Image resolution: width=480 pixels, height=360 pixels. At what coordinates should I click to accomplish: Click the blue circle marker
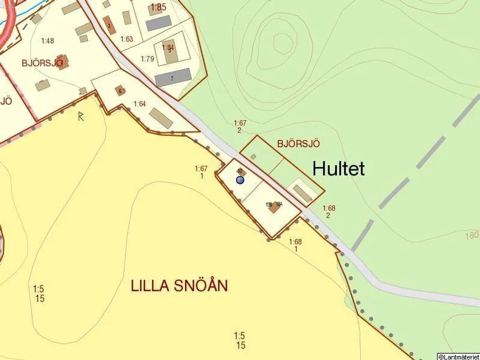[x=240, y=180]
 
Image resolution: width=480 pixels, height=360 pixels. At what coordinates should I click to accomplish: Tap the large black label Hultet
[x=339, y=169]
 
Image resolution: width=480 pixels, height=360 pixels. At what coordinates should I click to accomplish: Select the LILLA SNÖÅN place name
[x=179, y=286]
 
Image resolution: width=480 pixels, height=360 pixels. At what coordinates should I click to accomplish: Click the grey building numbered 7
[x=173, y=77]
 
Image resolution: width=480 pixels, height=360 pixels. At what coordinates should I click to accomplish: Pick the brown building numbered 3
[x=109, y=25]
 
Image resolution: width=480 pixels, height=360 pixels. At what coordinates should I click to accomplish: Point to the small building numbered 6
[x=120, y=91]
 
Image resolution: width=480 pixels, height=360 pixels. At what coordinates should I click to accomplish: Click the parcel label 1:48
[x=48, y=41]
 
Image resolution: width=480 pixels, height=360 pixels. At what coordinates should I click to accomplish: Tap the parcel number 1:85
[x=158, y=8]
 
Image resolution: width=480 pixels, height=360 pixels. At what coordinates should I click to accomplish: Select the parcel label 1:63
[x=127, y=40]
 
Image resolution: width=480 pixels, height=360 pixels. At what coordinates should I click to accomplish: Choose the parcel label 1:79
[x=147, y=59]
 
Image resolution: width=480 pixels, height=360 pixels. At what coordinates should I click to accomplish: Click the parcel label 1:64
[x=140, y=104]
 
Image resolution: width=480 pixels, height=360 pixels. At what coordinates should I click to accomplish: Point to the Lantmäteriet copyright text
[x=458, y=356]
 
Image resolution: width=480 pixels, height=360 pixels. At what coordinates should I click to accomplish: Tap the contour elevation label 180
[x=472, y=235]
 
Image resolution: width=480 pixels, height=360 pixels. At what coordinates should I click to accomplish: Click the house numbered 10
[x=241, y=172]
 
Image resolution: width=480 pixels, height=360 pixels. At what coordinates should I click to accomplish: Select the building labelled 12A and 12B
[x=274, y=206]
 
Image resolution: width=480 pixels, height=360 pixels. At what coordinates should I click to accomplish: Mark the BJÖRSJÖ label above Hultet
[x=298, y=143]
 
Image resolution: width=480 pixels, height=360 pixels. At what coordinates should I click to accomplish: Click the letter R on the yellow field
[x=81, y=116]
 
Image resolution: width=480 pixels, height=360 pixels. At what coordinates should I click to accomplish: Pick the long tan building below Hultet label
[x=302, y=193]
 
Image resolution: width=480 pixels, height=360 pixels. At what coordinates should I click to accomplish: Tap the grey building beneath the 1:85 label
[x=158, y=23]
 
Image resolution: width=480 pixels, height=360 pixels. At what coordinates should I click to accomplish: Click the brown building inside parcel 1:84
[x=168, y=51]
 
